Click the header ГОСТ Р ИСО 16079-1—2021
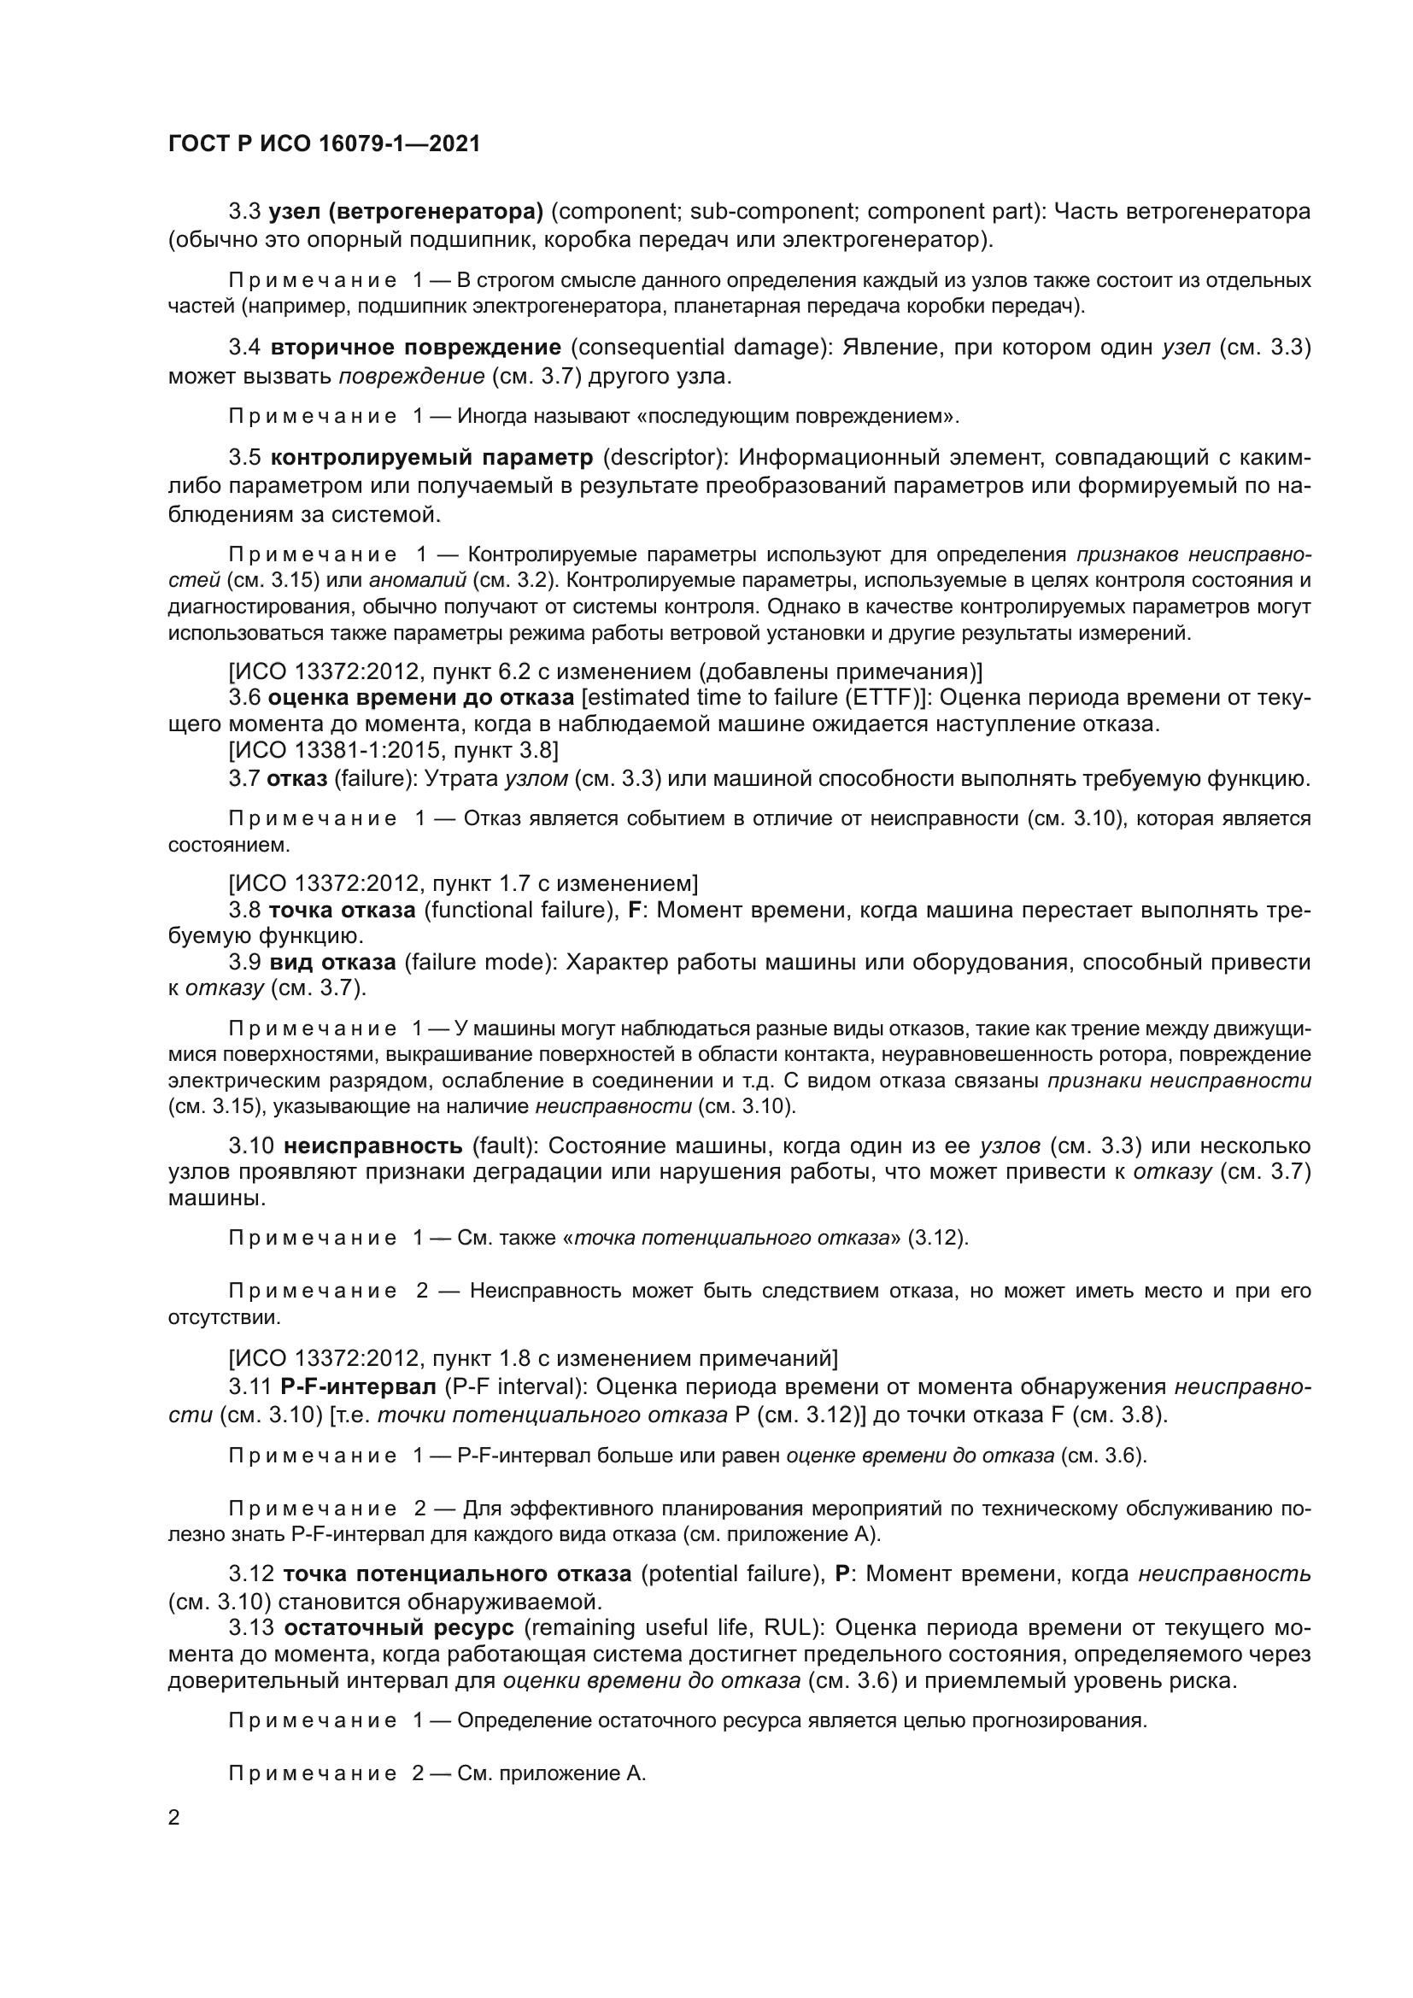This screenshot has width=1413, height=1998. tap(324, 144)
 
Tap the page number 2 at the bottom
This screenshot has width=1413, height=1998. tap(174, 1818)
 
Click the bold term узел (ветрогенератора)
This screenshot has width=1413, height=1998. tap(407, 212)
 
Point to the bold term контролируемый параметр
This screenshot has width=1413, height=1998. tap(431, 458)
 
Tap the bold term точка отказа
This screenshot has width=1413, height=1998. tap(342, 911)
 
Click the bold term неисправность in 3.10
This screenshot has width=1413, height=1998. tap(372, 1145)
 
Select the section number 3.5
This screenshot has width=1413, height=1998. tap(245, 458)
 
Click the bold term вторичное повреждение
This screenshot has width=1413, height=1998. tap(415, 348)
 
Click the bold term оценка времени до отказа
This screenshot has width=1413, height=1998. tap(421, 698)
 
